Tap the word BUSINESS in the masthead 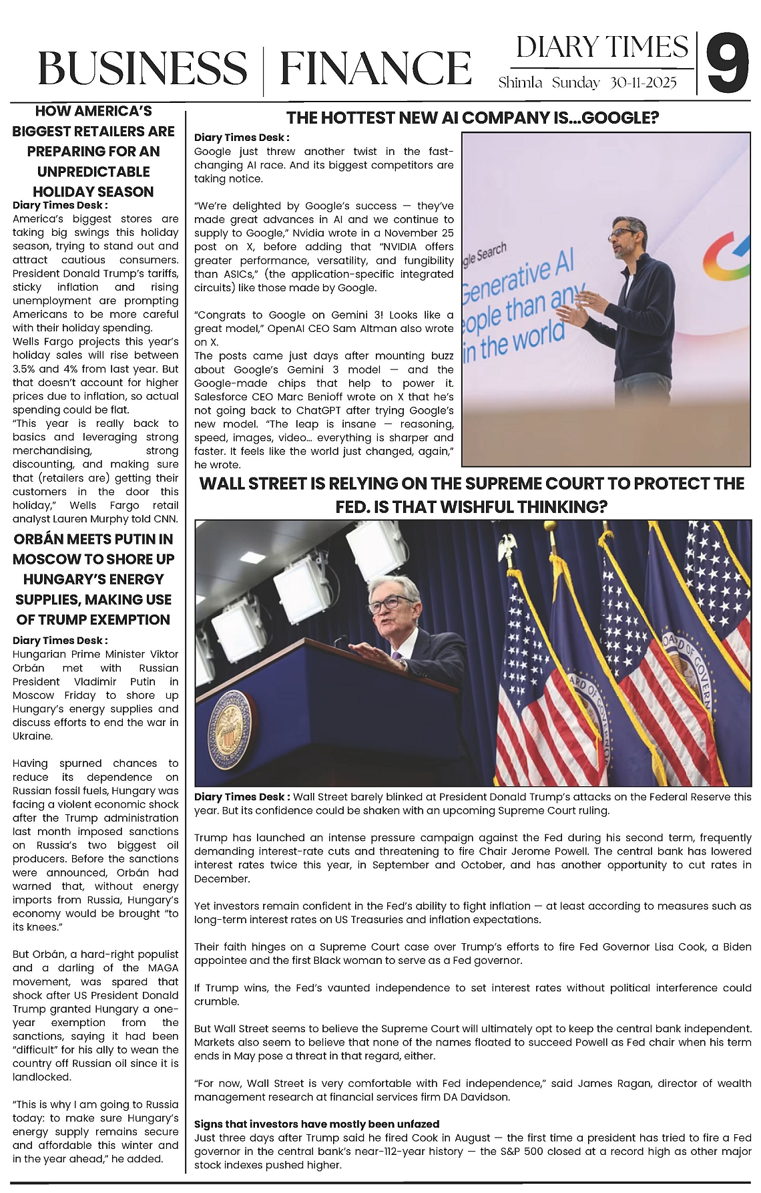tap(142, 69)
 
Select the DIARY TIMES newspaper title tap(601, 47)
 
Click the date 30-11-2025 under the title tap(643, 83)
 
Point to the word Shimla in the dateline tap(521, 83)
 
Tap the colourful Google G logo tap(727, 259)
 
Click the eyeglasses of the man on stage tap(625, 232)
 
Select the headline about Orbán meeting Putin tap(93, 579)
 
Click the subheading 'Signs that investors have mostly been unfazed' tap(316, 1124)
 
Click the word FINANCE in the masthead tap(375, 69)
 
